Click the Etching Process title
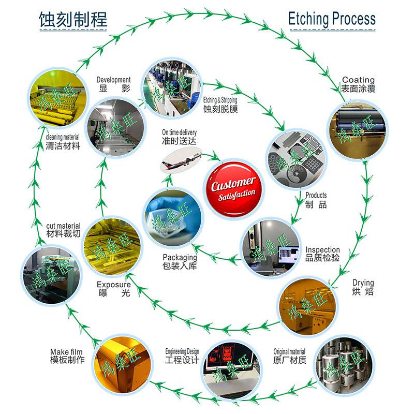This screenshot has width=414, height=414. [x=331, y=19]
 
